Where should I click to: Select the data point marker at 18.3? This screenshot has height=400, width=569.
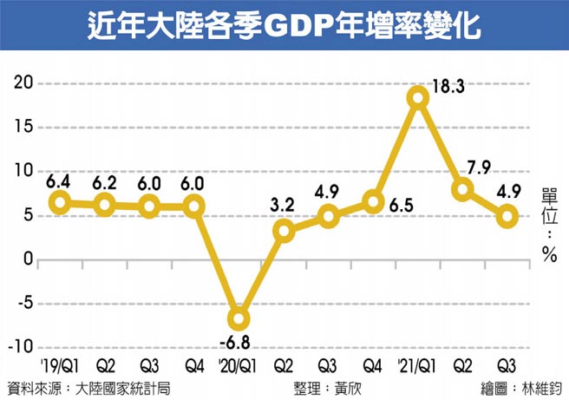[418, 97]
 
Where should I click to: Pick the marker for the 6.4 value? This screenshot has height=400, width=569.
[59, 202]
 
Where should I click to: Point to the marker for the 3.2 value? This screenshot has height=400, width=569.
[284, 231]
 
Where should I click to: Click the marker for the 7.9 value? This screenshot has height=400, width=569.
[463, 189]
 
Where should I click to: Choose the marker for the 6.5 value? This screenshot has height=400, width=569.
[374, 202]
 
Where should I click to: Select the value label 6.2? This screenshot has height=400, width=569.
[104, 184]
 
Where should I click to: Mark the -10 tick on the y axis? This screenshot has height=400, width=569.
[19, 348]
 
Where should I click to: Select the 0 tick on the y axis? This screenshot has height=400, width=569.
[28, 259]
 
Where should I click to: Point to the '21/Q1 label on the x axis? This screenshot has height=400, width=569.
[416, 365]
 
